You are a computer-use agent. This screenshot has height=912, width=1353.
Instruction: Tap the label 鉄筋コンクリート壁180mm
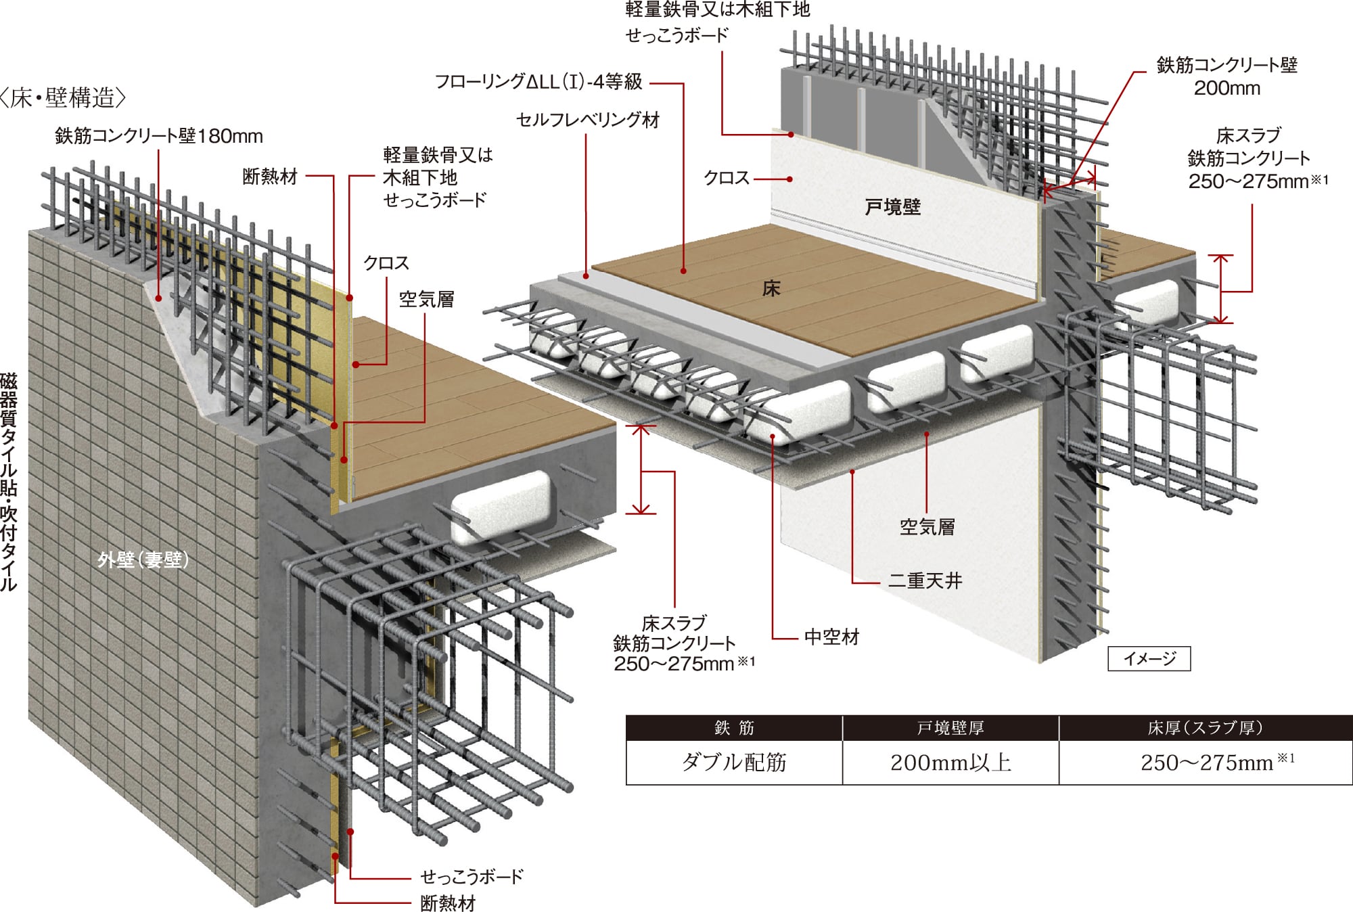pyautogui.click(x=159, y=137)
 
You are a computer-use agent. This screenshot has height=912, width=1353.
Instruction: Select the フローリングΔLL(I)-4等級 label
pyautogui.click(x=538, y=83)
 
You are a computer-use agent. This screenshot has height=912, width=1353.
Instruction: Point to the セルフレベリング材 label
pyautogui.click(x=588, y=120)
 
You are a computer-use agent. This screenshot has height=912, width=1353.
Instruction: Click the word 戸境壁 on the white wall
pyautogui.click(x=892, y=207)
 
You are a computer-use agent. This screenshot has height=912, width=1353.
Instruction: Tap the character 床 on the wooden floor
pyautogui.click(x=771, y=289)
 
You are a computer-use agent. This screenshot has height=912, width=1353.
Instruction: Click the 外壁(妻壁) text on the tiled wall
pyautogui.click(x=143, y=560)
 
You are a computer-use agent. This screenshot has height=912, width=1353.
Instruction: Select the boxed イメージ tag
pyautogui.click(x=1149, y=658)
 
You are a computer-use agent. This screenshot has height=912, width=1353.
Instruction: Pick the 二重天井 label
pyautogui.click(x=925, y=580)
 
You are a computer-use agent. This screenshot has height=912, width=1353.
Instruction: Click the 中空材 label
pyautogui.click(x=831, y=637)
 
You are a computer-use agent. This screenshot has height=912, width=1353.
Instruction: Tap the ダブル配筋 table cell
pyautogui.click(x=734, y=763)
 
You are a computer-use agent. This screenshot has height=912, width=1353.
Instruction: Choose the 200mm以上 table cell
pyautogui.click(x=950, y=763)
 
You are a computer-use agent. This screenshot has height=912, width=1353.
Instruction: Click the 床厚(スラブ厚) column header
pyautogui.click(x=1205, y=728)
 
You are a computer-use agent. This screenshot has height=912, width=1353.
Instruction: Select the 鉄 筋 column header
pyautogui.click(x=734, y=728)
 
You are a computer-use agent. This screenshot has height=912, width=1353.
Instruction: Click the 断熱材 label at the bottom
pyautogui.click(x=448, y=903)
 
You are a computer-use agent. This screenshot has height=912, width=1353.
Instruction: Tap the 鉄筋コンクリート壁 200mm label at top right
pyautogui.click(x=1226, y=76)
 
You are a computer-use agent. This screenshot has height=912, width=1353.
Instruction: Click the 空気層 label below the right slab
pyautogui.click(x=927, y=527)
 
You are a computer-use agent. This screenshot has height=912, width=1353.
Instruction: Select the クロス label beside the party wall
pyautogui.click(x=727, y=179)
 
